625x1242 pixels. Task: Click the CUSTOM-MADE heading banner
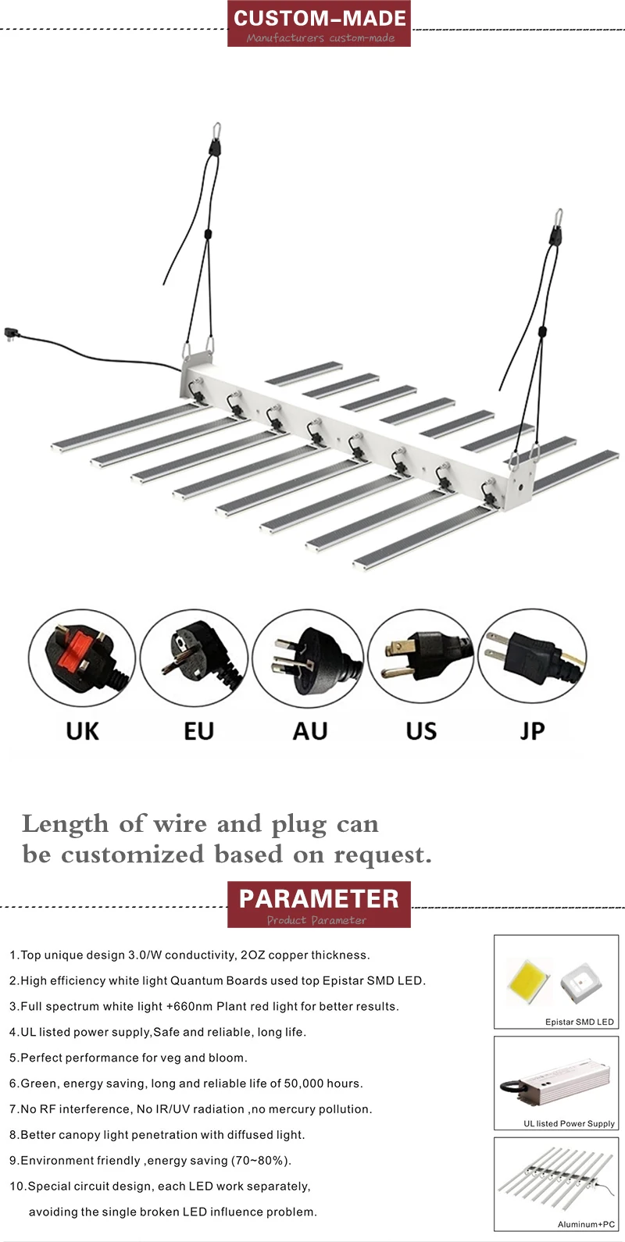(x=319, y=24)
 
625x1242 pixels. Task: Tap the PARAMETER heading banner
(x=319, y=905)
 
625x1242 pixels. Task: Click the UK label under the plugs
(x=83, y=732)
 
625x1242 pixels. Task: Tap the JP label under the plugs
(x=532, y=732)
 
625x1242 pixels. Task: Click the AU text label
(x=310, y=732)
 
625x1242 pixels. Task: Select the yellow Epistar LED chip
(x=529, y=981)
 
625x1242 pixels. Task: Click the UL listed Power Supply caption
(x=569, y=1123)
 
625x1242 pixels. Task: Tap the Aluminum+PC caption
(x=586, y=1224)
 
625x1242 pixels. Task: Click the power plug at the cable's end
(x=12, y=333)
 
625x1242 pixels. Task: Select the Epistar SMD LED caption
(x=579, y=1022)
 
